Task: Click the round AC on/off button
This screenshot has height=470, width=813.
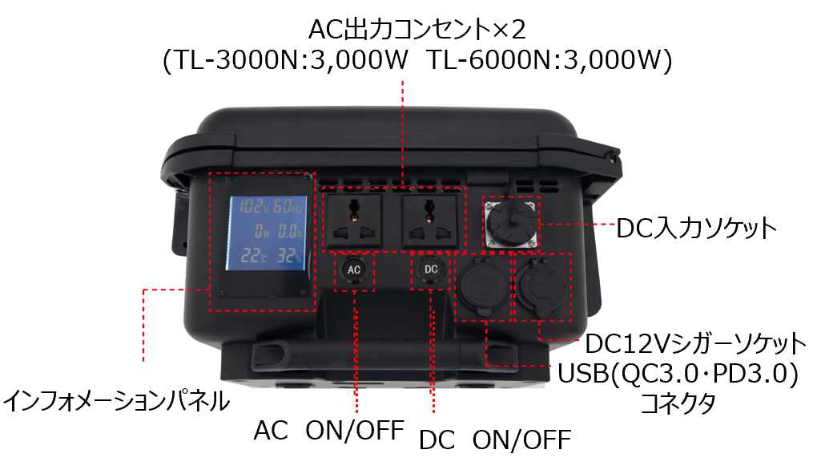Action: point(353,269)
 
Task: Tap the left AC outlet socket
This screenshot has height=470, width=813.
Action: point(353,221)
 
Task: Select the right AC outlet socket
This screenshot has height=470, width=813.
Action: point(430,221)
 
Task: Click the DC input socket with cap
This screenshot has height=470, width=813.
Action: point(512,222)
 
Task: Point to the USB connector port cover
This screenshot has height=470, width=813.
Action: point(481,286)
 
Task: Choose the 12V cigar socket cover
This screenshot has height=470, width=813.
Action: point(540,287)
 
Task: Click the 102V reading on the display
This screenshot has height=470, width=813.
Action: point(252,206)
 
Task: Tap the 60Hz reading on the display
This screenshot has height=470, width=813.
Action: point(288,206)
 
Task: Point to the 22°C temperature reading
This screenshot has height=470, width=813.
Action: point(254,256)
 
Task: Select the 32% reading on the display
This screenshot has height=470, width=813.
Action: point(289,256)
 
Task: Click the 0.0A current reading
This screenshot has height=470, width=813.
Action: point(290,231)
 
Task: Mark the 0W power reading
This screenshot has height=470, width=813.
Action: point(262,231)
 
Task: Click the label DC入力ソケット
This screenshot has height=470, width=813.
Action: point(696,228)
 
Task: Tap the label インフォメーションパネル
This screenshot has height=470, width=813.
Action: point(117,401)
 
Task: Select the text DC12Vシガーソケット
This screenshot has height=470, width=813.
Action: point(696,343)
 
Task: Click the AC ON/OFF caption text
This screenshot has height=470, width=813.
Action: point(328,431)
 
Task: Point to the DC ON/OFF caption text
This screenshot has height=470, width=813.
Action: point(495,440)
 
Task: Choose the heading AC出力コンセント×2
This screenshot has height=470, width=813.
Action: point(417,29)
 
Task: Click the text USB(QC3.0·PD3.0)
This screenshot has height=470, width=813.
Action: point(678,374)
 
